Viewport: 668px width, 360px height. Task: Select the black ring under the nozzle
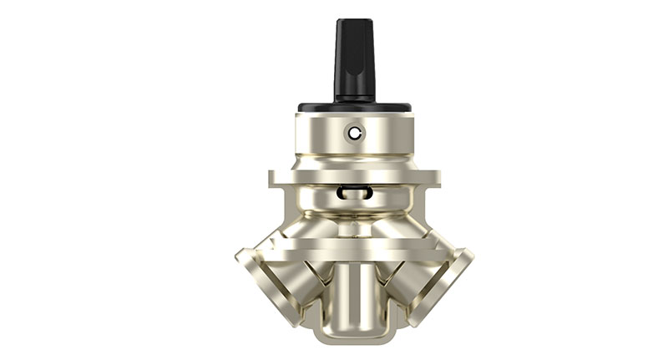pyautogui.click(x=355, y=108)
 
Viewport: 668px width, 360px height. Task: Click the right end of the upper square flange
pyautogui.click(x=432, y=178)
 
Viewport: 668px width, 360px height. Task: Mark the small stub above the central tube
pyautogui.click(x=354, y=226)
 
